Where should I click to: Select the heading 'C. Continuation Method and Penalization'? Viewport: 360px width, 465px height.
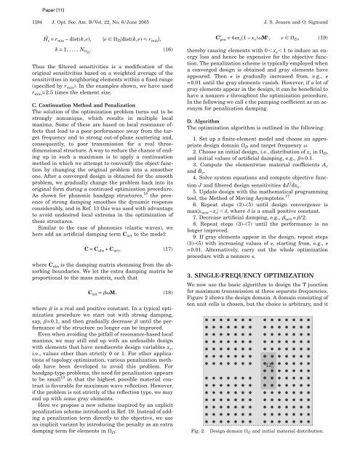68,103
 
